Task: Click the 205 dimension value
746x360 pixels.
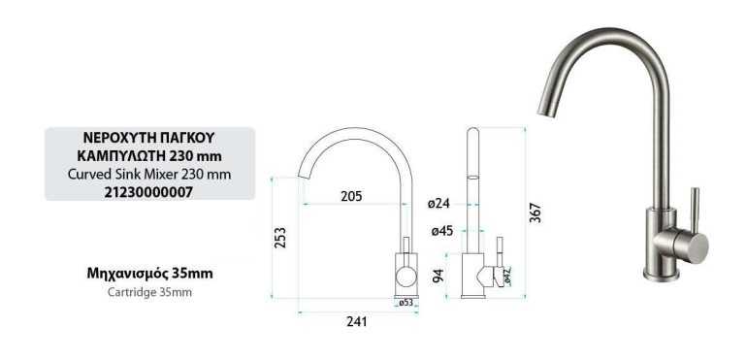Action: pyautogui.click(x=351, y=196)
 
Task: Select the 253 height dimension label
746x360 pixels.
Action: pyautogui.click(x=280, y=237)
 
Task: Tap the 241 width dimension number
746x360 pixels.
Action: pyautogui.click(x=356, y=322)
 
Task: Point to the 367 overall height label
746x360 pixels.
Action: pyautogui.click(x=535, y=213)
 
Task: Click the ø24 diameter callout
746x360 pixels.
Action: pyautogui.click(x=438, y=204)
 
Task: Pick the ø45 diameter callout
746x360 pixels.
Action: pyautogui.click(x=442, y=231)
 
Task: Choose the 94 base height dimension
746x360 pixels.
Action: pyautogui.click(x=438, y=276)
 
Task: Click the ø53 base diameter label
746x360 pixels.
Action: pyautogui.click(x=405, y=303)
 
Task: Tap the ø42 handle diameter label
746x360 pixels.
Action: pyautogui.click(x=507, y=277)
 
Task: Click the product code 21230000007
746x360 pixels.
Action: pyautogui.click(x=149, y=192)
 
